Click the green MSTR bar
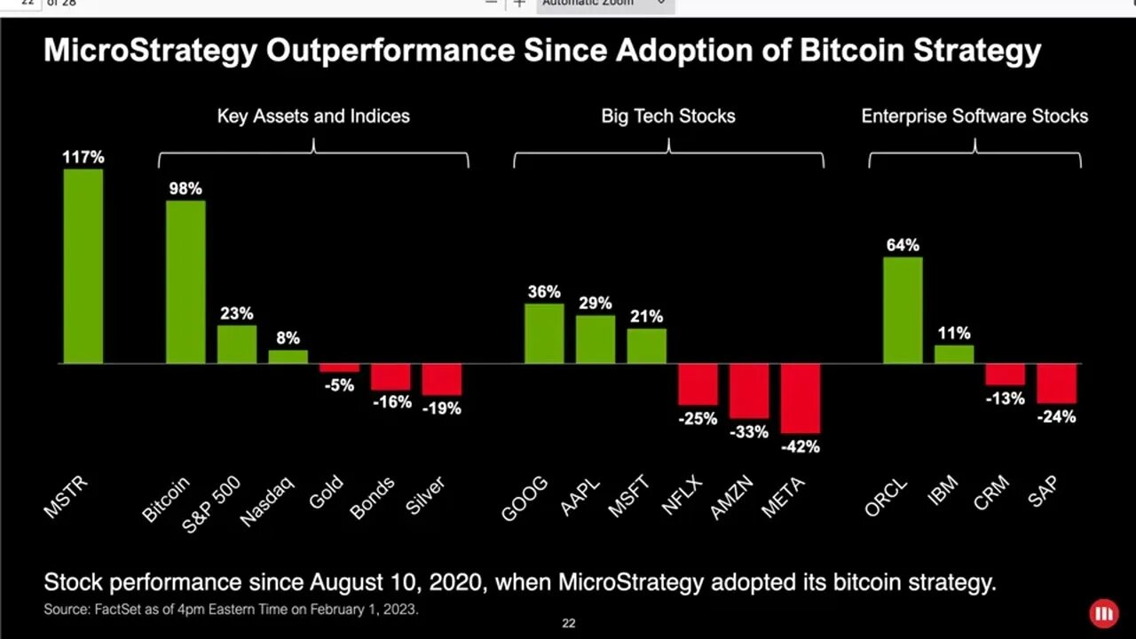[83, 266]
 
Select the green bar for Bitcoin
[185, 282]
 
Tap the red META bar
[801, 398]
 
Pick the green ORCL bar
[903, 311]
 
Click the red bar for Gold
[339, 367]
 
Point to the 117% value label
[83, 157]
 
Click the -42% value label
[800, 446]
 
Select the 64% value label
[903, 245]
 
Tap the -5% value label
[339, 385]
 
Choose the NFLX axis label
[682, 496]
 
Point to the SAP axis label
[1043, 492]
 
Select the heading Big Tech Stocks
[668, 115]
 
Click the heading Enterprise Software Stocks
[974, 115]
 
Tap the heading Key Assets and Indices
[313, 115]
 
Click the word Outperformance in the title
[390, 50]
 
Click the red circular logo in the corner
[1104, 613]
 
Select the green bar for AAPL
[596, 339]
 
